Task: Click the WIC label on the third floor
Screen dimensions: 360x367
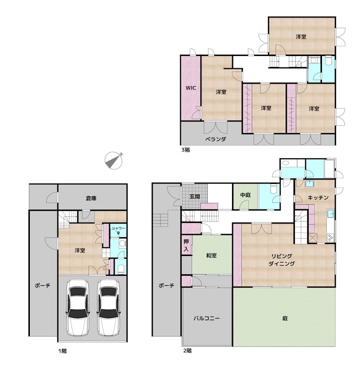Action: coord(191,88)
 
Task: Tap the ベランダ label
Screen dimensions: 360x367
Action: coord(216,139)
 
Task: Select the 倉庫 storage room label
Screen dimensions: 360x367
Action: coord(91,198)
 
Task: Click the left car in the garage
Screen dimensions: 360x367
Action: coord(78,307)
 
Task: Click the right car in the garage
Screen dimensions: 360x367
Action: coord(109,307)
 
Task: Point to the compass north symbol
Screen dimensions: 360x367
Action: coord(113,161)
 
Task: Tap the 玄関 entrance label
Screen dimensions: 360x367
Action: coord(194,197)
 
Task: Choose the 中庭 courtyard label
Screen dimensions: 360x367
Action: coord(245,195)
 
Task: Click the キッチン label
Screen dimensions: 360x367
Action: coord(318,197)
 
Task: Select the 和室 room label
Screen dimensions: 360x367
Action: coord(211,256)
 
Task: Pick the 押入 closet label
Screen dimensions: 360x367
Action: coord(186,245)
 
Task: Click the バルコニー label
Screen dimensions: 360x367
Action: coord(206,318)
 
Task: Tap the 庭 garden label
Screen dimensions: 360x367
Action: coord(285,318)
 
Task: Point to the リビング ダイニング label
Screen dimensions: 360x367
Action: coord(282,260)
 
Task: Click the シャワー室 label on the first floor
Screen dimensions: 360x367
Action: coord(118,230)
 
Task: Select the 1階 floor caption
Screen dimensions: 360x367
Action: coord(62,351)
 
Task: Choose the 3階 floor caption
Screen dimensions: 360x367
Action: coord(185,150)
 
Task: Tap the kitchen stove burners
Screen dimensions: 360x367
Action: coord(331,238)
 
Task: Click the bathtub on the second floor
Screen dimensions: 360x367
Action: coord(330,169)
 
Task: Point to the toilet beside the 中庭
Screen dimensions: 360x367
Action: coord(273,189)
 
